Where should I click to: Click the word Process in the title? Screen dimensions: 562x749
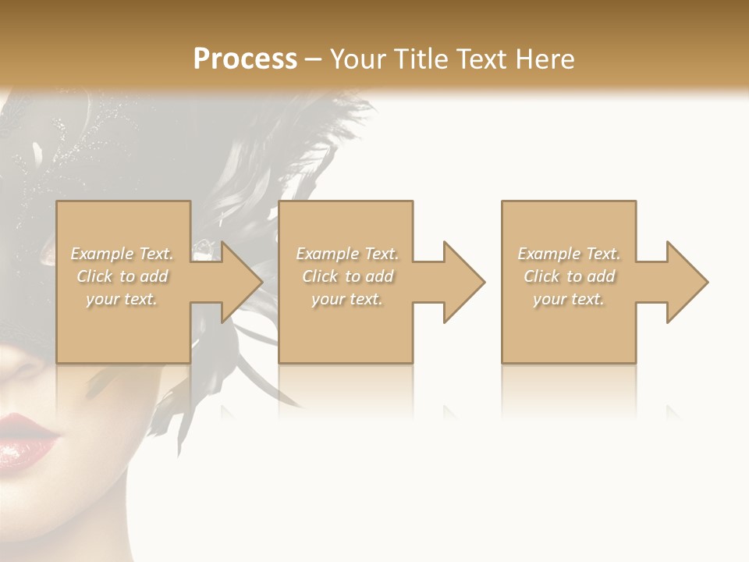pos(245,59)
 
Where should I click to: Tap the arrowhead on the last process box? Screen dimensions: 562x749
pos(686,282)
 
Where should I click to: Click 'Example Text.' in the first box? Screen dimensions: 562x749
pos(122,254)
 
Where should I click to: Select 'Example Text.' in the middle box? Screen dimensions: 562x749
pos(347,254)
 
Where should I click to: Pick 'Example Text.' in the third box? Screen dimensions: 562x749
pos(569,254)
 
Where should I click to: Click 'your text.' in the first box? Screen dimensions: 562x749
pos(122,299)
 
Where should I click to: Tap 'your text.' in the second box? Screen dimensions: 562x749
pos(347,299)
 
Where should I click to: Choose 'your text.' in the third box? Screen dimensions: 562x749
pos(569,299)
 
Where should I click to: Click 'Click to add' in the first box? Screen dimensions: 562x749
pos(122,276)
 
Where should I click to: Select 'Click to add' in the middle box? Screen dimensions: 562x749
pos(347,276)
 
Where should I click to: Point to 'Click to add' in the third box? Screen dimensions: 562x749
pos(569,276)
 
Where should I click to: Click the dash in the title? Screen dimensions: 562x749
pos(313,59)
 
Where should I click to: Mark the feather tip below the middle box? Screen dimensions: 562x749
pos(296,405)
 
